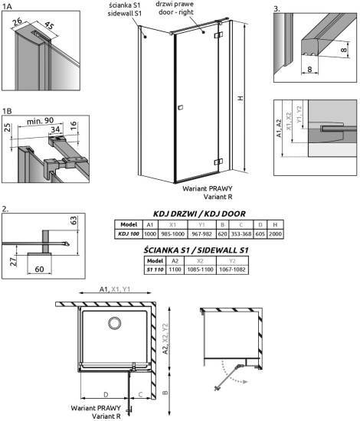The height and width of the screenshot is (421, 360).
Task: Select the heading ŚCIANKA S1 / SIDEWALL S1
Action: (196, 250)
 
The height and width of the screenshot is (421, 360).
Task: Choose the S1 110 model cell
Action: (155, 270)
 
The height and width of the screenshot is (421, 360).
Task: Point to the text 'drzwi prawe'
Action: (195, 5)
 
